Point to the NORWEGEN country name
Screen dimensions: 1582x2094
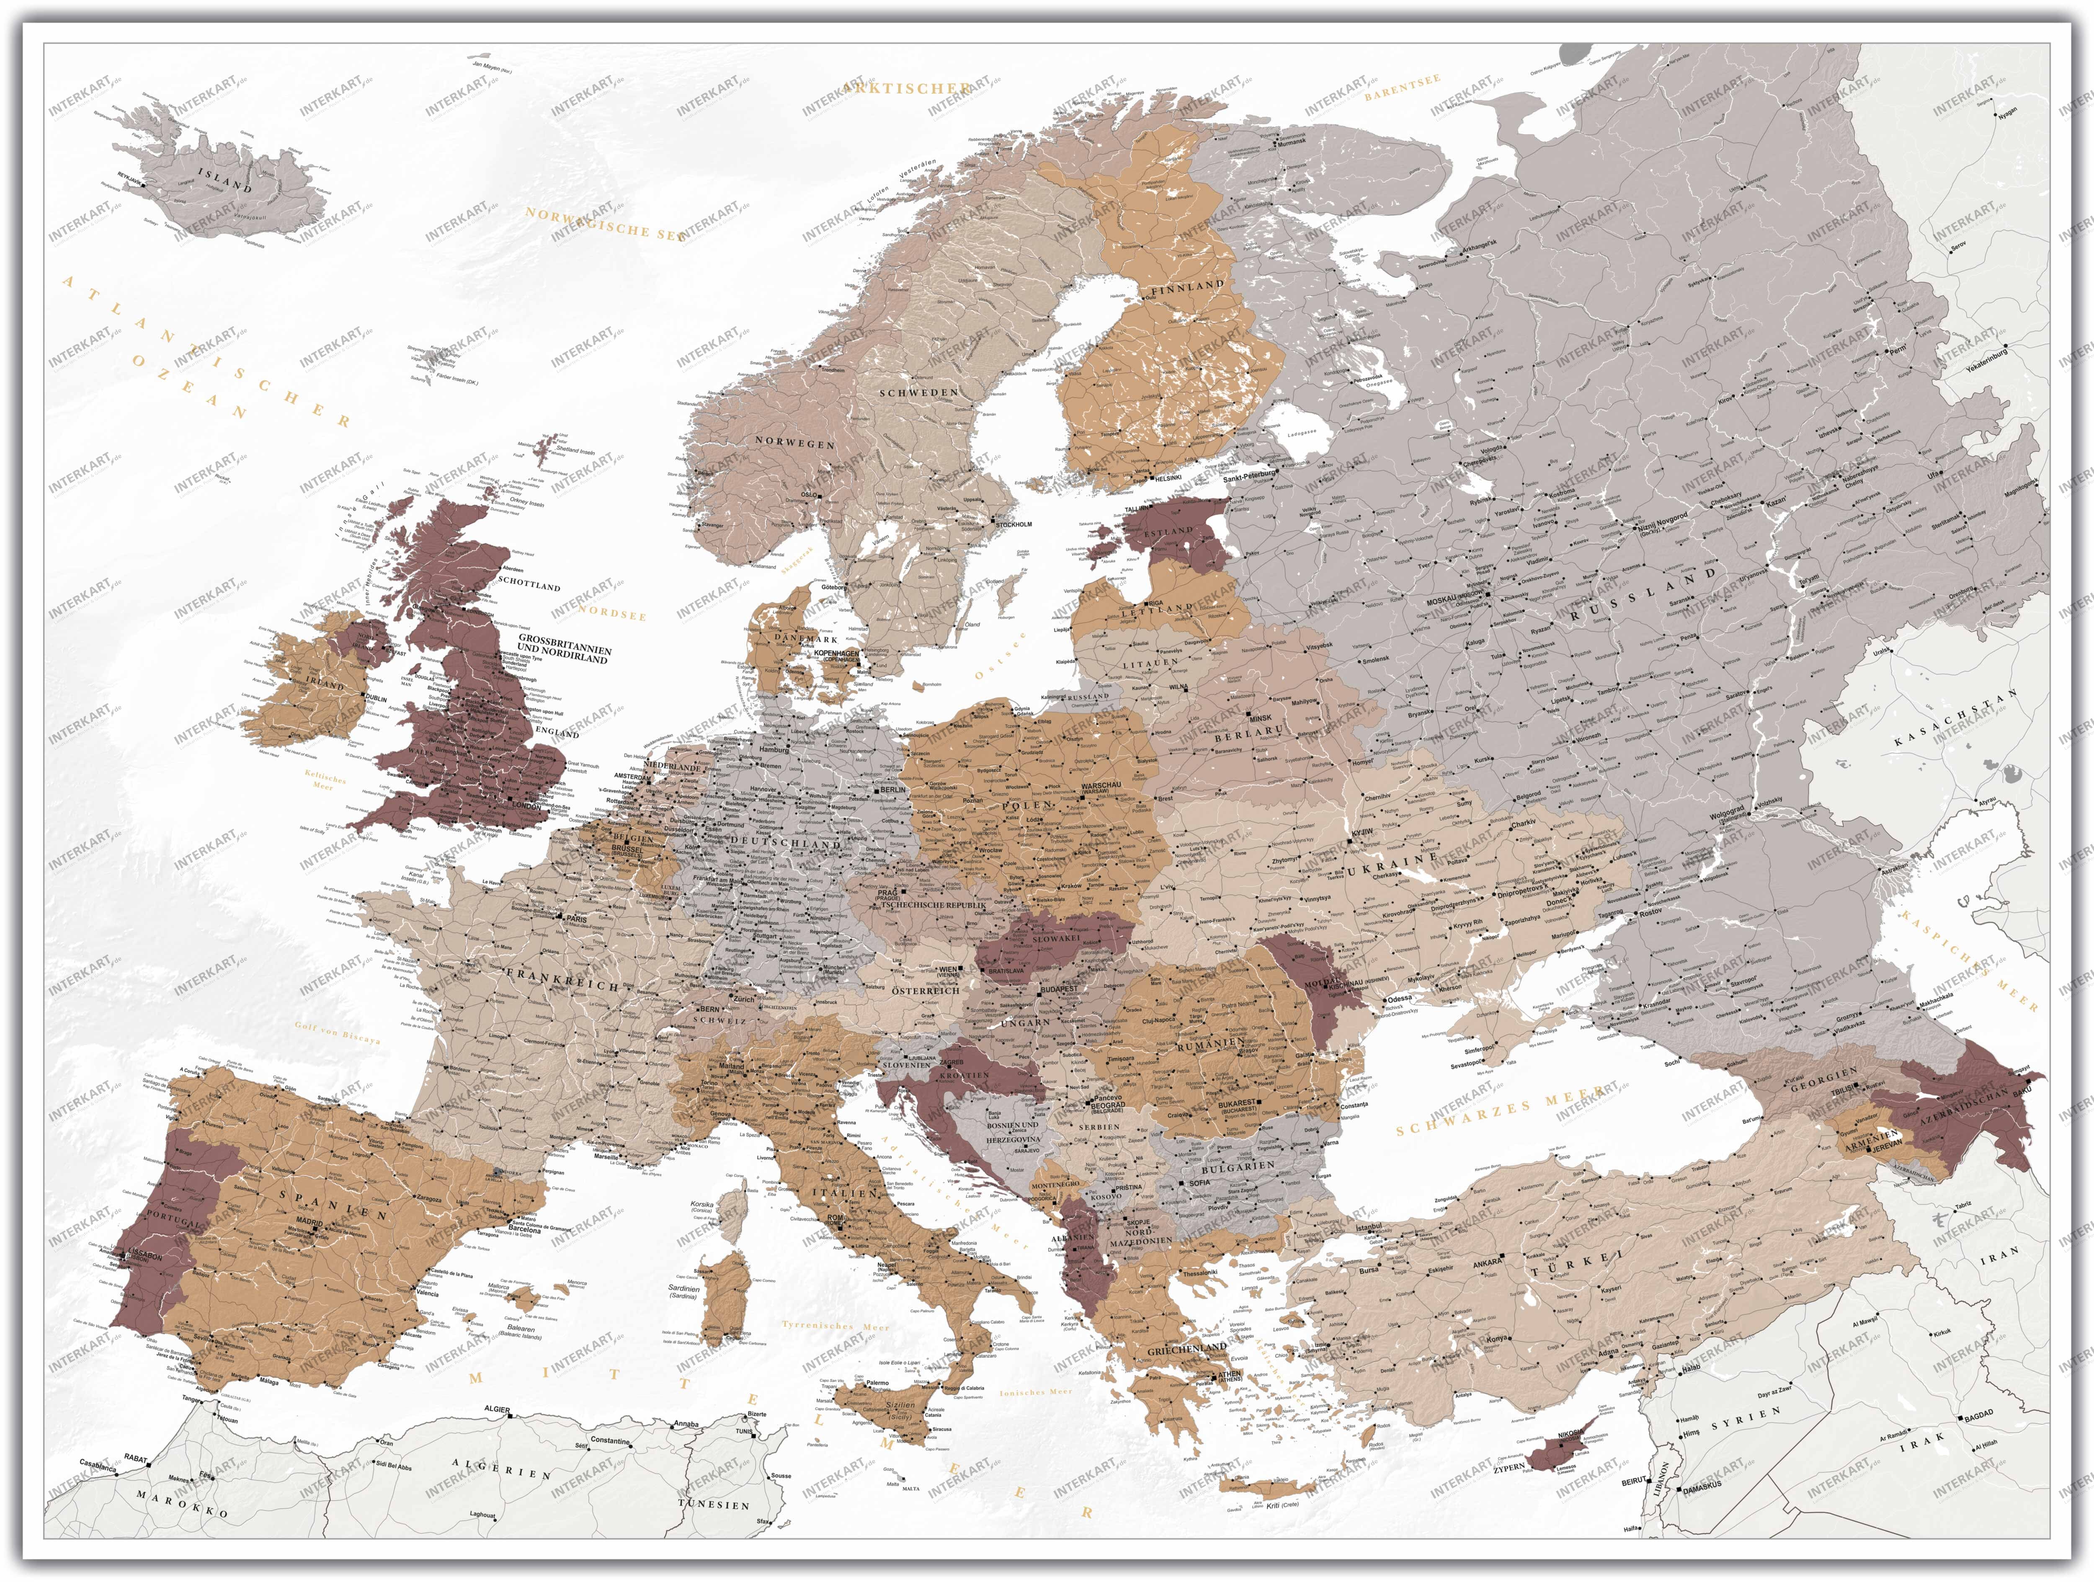coord(794,442)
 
